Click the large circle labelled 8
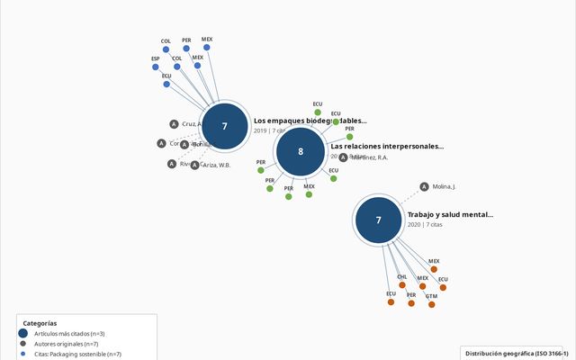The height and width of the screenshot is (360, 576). (301, 151)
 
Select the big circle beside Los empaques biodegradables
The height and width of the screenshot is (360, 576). (224, 126)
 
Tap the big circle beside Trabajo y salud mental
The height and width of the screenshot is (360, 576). (378, 220)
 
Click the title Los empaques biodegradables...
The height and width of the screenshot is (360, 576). (310, 121)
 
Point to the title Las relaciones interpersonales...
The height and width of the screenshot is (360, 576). (387, 146)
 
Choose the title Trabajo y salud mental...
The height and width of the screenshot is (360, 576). (450, 215)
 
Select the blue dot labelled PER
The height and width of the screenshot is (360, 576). (186, 49)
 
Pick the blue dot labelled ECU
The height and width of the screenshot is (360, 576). (166, 85)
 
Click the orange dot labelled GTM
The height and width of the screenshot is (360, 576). (432, 304)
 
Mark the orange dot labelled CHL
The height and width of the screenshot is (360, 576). (402, 285)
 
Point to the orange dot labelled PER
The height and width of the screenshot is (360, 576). (411, 303)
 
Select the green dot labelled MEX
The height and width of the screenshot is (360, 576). (309, 193)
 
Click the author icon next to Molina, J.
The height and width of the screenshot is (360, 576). (424, 187)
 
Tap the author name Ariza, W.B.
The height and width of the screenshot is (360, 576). (216, 165)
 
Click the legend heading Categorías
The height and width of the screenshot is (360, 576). (40, 323)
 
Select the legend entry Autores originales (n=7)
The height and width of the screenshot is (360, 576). (66, 344)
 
